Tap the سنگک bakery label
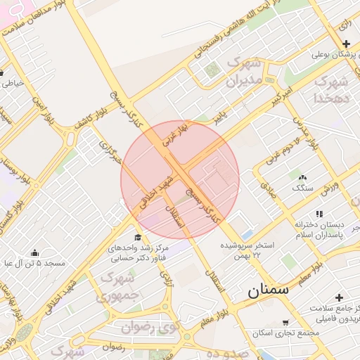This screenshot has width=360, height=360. tap(303, 188)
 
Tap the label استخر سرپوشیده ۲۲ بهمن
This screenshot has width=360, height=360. tap(247, 249)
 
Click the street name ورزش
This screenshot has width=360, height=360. tap(330, 187)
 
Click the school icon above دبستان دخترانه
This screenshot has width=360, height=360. tap(319, 214)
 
